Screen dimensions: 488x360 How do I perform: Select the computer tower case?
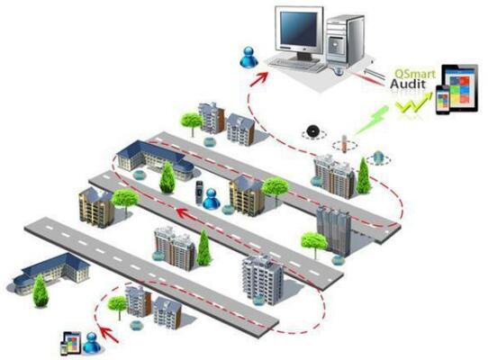(345, 41)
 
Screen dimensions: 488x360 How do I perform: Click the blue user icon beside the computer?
(249, 58)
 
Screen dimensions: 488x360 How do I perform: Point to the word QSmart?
(415, 74)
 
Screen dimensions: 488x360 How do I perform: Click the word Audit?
(408, 84)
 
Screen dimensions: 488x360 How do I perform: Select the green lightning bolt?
(372, 120)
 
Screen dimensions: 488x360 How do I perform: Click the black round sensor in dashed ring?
(312, 131)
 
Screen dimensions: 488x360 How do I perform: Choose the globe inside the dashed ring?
(378, 157)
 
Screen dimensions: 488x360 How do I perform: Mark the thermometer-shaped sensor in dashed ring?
(344, 144)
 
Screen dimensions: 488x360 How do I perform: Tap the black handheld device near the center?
(199, 193)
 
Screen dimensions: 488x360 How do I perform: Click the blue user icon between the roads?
(212, 199)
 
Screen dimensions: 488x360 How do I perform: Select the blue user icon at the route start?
(92, 343)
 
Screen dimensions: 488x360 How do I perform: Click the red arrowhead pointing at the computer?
(260, 78)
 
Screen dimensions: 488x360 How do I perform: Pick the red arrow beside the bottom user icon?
(108, 334)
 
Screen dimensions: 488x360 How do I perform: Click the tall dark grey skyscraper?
(334, 230)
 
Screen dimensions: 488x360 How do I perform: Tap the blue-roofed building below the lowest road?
(51, 273)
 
